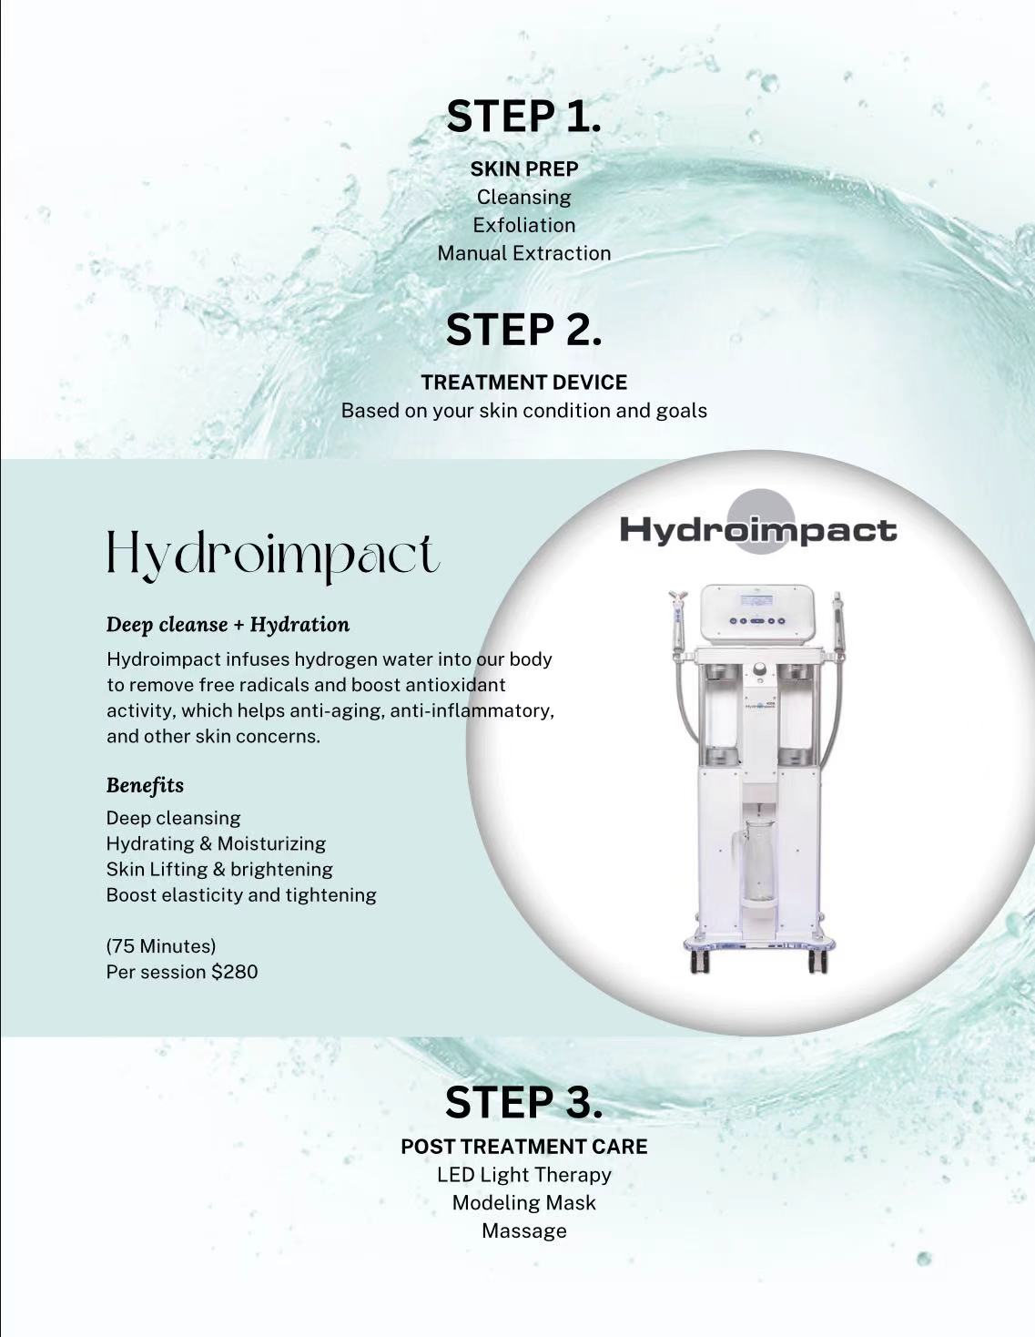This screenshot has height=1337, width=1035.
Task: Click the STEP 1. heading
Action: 523,117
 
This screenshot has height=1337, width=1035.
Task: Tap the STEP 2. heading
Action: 523,330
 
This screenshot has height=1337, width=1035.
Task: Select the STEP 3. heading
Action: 523,1102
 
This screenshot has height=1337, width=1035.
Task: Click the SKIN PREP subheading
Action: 524,168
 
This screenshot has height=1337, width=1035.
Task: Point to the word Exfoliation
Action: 524,225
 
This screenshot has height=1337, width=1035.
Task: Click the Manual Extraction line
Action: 524,253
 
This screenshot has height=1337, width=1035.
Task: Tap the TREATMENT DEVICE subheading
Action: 524,383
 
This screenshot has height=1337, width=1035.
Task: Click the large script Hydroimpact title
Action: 273,556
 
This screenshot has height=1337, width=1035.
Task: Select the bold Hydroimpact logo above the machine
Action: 758,530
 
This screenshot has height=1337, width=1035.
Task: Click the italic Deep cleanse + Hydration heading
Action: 228,625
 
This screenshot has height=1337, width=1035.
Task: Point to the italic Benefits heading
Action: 145,785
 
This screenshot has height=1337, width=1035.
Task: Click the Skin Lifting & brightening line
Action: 219,869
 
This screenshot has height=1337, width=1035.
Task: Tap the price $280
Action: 234,972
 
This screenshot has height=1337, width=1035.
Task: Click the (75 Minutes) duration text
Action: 160,945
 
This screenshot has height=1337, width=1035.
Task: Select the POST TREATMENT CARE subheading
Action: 524,1147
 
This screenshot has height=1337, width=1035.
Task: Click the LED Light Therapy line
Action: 524,1175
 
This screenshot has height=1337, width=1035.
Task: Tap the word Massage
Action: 524,1230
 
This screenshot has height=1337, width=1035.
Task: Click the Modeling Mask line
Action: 524,1202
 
